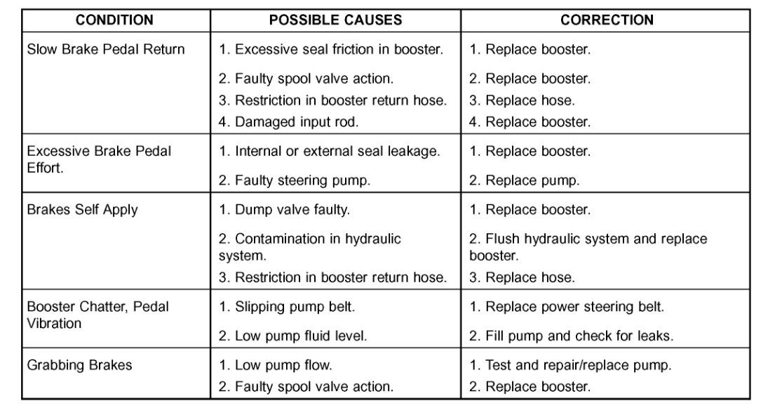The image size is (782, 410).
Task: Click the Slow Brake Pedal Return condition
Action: (x=106, y=50)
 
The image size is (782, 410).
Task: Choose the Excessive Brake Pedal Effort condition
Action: (x=99, y=157)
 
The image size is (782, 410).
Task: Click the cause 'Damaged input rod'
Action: (x=289, y=121)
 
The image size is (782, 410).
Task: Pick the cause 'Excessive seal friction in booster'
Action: (x=331, y=50)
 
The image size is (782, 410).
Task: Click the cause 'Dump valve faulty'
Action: (x=285, y=210)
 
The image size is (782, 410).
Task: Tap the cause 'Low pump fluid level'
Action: (x=294, y=336)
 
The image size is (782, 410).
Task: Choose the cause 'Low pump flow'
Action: (x=276, y=366)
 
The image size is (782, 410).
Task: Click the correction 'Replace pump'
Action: (x=525, y=180)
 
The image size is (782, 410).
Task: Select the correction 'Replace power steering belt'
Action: (x=566, y=307)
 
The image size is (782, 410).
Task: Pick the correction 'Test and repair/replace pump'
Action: (x=570, y=366)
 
